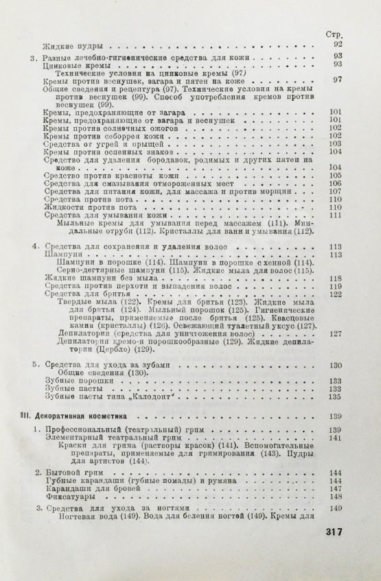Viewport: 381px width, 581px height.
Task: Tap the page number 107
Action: (335, 191)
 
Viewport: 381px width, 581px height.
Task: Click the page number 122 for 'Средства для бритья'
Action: (335, 294)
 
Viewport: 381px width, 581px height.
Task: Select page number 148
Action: (335, 496)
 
